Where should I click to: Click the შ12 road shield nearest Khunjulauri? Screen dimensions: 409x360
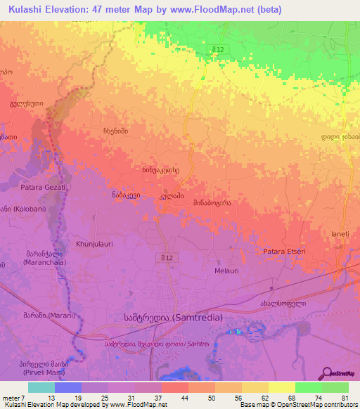tap(164, 259)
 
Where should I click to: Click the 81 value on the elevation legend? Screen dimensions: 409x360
tap(345, 399)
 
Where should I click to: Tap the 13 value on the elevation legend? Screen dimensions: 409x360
tap(51, 399)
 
